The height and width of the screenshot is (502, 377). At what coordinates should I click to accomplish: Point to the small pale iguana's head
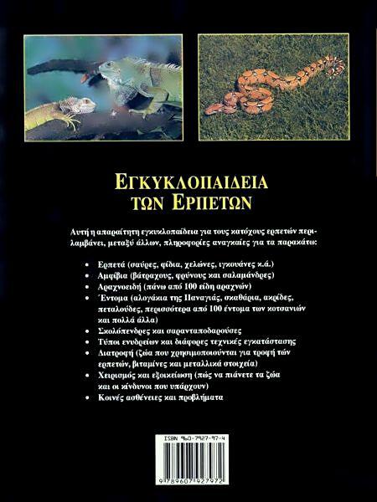click(85, 104)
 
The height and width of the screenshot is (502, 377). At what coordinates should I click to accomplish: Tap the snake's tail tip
click(209, 109)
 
